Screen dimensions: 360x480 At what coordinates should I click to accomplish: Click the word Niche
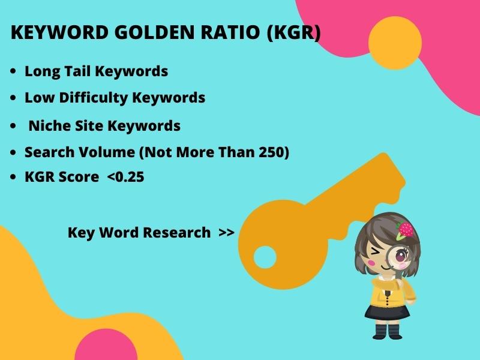46,126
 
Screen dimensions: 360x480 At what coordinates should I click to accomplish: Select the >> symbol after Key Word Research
226,232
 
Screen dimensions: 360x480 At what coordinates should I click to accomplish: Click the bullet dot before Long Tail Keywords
13,71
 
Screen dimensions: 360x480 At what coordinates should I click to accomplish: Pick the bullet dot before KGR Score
13,178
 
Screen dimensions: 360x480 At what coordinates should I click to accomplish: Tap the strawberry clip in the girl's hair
406,229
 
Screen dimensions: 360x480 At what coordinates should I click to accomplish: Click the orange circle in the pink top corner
394,43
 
